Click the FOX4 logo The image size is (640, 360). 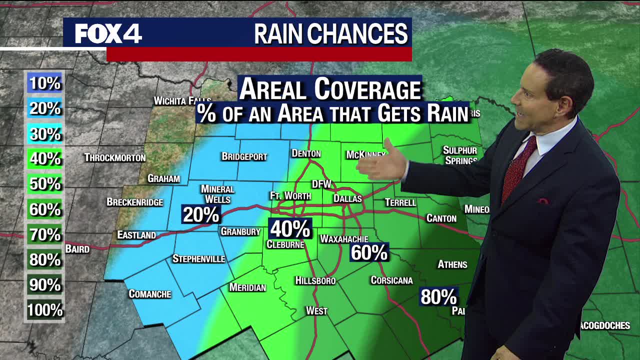click(x=108, y=34)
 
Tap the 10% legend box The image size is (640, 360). click(x=44, y=83)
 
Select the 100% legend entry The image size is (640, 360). click(x=44, y=310)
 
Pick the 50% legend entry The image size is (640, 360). click(x=44, y=184)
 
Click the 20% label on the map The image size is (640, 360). click(x=201, y=214)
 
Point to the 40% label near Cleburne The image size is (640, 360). click(x=290, y=229)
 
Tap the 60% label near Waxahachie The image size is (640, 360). click(x=369, y=252)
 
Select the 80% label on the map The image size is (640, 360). click(x=438, y=297)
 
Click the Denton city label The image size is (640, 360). click(x=306, y=153)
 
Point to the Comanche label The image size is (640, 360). click(x=150, y=294)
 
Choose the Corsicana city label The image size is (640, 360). click(x=391, y=280)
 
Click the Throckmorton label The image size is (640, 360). click(x=115, y=157)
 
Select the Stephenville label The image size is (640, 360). click(x=198, y=258)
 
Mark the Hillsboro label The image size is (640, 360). click(x=315, y=280)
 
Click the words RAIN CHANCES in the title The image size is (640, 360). click(x=330, y=34)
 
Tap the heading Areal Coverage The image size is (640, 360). click(x=330, y=89)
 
